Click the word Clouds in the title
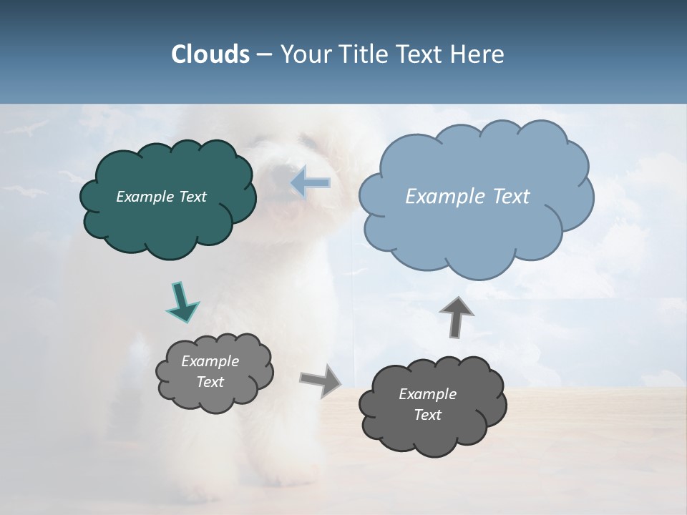click(210, 54)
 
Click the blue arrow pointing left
click(311, 183)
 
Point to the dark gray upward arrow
click(457, 316)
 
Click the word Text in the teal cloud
click(193, 197)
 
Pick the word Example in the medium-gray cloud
click(210, 361)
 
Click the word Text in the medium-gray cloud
click(210, 382)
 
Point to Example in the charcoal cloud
click(427, 394)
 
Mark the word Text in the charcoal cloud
click(427, 415)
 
